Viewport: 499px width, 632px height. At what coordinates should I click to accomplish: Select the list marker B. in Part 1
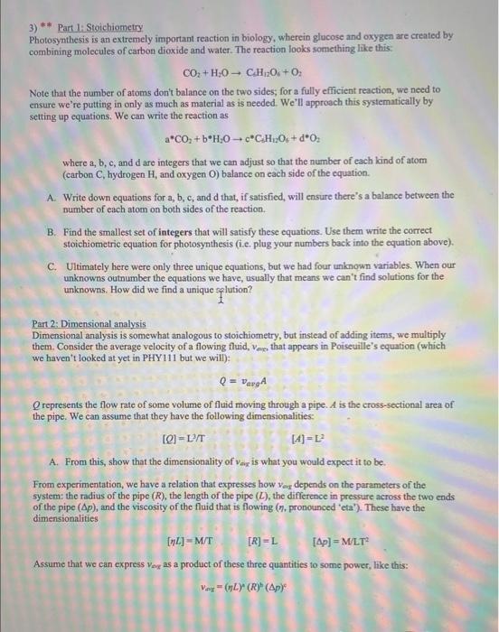pyautogui.click(x=52, y=232)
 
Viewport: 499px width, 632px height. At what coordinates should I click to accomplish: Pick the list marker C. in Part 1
pyautogui.click(x=52, y=265)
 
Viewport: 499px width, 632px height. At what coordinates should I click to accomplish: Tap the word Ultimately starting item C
pyautogui.click(x=86, y=265)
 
